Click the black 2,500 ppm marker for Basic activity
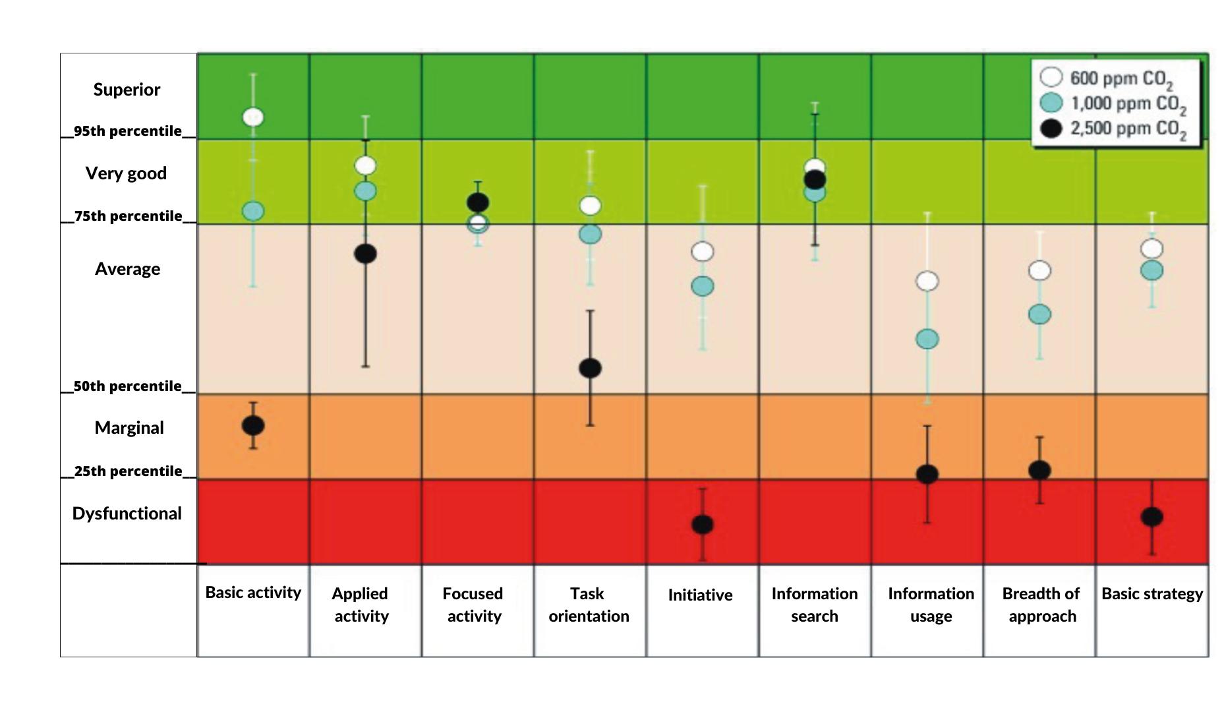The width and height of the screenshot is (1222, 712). (x=253, y=426)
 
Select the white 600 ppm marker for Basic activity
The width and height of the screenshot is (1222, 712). (x=253, y=117)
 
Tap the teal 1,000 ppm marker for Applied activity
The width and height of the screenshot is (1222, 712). (x=365, y=191)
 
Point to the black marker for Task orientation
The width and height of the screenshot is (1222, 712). (x=590, y=368)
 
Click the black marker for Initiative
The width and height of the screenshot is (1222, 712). (x=703, y=525)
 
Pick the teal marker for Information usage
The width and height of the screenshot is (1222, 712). (x=927, y=340)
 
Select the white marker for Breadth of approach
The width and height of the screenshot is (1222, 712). (x=1039, y=270)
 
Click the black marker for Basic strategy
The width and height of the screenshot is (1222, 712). (x=1151, y=517)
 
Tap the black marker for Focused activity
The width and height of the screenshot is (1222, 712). (x=478, y=202)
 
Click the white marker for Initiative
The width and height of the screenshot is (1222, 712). (x=703, y=251)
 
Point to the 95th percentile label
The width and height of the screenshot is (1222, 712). (x=127, y=131)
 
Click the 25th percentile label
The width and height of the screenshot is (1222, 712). (x=128, y=471)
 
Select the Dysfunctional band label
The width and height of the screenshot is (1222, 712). (x=127, y=514)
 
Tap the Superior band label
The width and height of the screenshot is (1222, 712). (x=127, y=90)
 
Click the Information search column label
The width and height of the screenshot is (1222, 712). (x=815, y=605)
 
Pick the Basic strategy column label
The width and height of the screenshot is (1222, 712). (x=1151, y=594)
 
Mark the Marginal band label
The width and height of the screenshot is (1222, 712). (x=129, y=428)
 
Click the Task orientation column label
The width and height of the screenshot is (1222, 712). (x=589, y=605)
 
